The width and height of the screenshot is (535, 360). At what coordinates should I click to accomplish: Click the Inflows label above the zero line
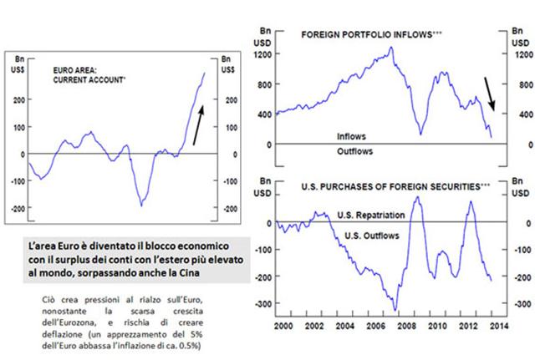coord(350,134)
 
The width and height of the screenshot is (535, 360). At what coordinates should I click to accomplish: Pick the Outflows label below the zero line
coord(354,151)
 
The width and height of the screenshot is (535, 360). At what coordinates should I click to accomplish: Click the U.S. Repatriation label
coord(371,215)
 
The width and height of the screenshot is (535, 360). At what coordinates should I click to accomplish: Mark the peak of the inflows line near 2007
coord(392,48)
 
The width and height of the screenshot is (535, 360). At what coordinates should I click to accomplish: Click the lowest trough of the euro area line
coord(140,205)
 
